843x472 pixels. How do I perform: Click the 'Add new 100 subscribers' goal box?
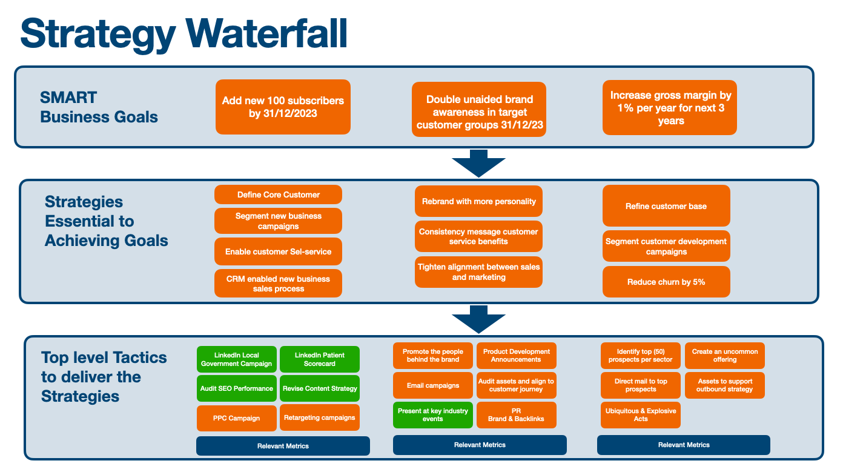click(x=283, y=107)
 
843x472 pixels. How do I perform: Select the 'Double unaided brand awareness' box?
click(x=478, y=109)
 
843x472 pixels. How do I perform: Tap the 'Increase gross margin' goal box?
click(x=670, y=107)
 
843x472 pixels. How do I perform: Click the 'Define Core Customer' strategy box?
click(x=278, y=194)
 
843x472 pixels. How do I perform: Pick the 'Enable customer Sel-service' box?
click(x=278, y=251)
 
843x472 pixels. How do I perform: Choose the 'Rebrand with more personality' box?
click(x=478, y=201)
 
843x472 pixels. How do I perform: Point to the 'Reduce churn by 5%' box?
click(x=666, y=282)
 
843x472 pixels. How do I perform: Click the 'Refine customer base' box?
click(x=666, y=206)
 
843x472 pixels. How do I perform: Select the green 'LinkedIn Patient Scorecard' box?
click(x=320, y=359)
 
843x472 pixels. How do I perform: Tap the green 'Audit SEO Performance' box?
click(x=237, y=388)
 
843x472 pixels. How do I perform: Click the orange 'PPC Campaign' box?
click(x=237, y=418)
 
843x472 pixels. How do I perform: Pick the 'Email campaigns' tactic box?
click(x=432, y=385)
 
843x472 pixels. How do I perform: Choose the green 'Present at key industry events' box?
click(x=432, y=414)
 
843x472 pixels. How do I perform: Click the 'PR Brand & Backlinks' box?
click(x=516, y=414)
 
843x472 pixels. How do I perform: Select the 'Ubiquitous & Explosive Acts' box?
click(x=641, y=414)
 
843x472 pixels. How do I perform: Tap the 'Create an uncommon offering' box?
click(x=724, y=355)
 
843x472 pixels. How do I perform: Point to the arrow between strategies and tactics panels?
click(x=478, y=319)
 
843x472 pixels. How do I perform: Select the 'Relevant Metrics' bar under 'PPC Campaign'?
click(x=283, y=446)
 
